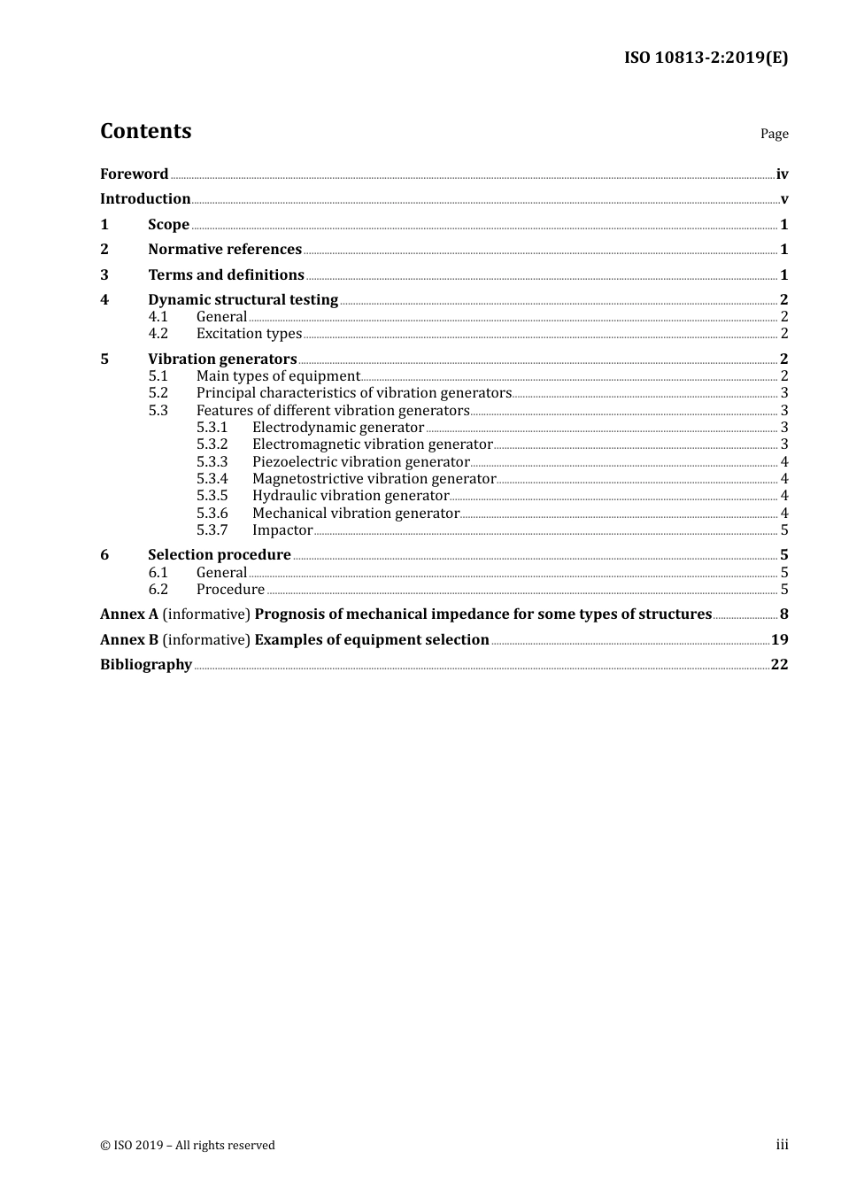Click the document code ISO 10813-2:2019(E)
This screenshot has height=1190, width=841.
pyautogui.click(x=706, y=58)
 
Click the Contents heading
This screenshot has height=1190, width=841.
pyautogui.click(x=145, y=131)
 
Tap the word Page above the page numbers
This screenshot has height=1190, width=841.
pyautogui.click(x=774, y=134)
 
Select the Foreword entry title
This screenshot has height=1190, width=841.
pyautogui.click(x=134, y=174)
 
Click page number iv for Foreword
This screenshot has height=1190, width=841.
pyautogui.click(x=782, y=174)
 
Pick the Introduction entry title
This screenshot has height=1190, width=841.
pyautogui.click(x=145, y=199)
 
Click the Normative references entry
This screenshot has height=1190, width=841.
pyautogui.click(x=225, y=250)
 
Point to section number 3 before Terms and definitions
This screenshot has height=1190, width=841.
pyautogui.click(x=104, y=275)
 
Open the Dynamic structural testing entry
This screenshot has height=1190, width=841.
pyautogui.click(x=243, y=300)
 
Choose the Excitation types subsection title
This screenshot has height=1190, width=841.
pyautogui.click(x=249, y=334)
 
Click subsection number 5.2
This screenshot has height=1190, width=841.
pyautogui.click(x=158, y=393)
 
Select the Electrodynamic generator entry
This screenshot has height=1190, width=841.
pyautogui.click(x=338, y=428)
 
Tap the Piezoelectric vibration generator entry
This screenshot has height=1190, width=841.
pyautogui.click(x=360, y=462)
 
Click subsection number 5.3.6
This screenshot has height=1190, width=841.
pyautogui.click(x=212, y=514)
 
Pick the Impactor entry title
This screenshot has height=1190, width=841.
pyautogui.click(x=282, y=530)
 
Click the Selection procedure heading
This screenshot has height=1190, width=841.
pyautogui.click(x=220, y=555)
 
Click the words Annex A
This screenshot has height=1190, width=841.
pyautogui.click(x=129, y=614)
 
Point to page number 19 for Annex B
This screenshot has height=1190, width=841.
pyautogui.click(x=779, y=640)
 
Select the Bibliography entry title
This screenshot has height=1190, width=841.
pyautogui.click(x=146, y=665)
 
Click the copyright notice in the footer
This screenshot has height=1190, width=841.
pyautogui.click(x=188, y=1146)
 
